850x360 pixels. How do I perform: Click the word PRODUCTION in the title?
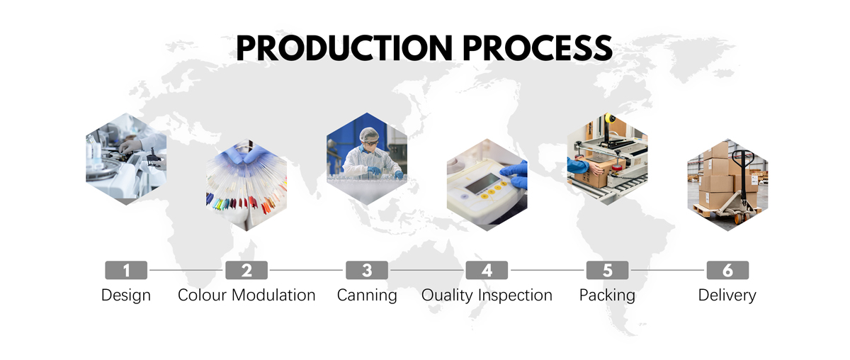344,48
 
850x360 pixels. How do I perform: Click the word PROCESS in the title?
538,48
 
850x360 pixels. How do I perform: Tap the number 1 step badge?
126,270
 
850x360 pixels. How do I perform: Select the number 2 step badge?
246,270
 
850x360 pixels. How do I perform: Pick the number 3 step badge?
367,270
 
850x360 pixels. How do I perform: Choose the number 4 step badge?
487,270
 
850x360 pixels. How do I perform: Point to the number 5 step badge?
607,270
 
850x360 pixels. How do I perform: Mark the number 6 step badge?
727,270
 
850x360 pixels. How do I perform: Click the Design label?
126,296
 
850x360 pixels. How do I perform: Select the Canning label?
367,296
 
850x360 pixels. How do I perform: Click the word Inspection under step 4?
515,296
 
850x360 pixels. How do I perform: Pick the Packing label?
607,296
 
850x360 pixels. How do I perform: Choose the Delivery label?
727,296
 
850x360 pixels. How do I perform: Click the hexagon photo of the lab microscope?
126,159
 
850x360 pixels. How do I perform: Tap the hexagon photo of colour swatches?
246,184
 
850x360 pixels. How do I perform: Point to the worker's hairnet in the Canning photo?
369,134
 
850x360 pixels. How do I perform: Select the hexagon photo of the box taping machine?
607,159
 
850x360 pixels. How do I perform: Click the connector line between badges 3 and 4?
427,270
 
